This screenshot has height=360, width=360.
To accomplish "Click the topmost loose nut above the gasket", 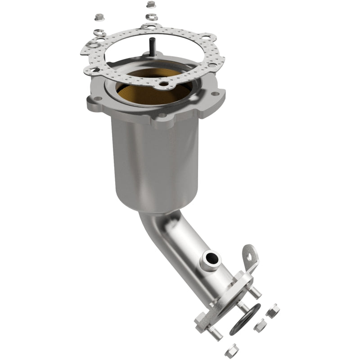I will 150,5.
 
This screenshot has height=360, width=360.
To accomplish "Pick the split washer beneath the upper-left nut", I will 98,32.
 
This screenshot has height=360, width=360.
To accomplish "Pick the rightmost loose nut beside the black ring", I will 272,311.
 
